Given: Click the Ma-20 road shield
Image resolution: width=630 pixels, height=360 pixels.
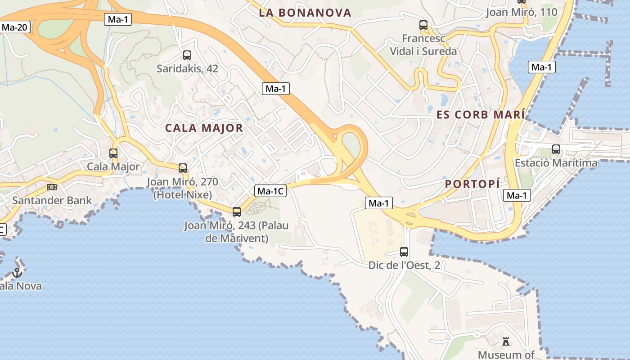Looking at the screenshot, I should coord(15,27).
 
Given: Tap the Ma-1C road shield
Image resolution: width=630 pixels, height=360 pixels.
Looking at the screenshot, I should coord(270,191).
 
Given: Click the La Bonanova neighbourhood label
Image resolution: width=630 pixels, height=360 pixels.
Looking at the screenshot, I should coord(305,13).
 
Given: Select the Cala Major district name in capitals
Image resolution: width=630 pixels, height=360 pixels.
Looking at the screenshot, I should coord(204,128).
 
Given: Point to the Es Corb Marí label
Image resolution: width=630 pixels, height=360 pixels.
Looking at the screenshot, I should coord(480,114).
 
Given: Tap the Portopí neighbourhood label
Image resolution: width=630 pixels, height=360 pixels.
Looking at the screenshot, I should coord(472,184).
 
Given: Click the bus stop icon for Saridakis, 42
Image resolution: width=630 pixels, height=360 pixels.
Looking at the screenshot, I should coord(187,55).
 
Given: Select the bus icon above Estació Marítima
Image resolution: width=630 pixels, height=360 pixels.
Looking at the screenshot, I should coord(556,149).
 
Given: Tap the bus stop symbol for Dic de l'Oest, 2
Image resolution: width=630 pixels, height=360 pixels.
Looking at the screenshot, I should coord(404,252).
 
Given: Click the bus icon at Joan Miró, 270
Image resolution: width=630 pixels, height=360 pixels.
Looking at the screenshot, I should coord(183,168).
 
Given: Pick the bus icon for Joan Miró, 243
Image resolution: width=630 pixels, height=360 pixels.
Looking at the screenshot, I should coord(237,211).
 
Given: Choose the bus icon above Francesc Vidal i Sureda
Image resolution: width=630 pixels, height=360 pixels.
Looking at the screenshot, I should coord(423,25).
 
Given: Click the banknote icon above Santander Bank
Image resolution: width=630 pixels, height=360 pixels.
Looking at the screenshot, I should coord(52,187).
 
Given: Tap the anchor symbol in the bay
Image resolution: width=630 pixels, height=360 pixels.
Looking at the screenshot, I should coord(17,272).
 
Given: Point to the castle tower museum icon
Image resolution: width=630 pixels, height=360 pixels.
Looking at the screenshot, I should coord(506,342).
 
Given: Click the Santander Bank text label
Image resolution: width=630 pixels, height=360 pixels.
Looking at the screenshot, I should coord(52,200).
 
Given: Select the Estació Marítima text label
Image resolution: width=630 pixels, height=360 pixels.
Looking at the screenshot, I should coord(556,163).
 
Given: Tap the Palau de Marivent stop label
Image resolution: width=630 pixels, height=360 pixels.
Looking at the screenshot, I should coord(236,232).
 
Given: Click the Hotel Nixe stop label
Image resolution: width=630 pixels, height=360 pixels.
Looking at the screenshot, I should coord(183,189).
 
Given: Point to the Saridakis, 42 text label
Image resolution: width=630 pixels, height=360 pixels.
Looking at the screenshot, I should coord(187,69).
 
